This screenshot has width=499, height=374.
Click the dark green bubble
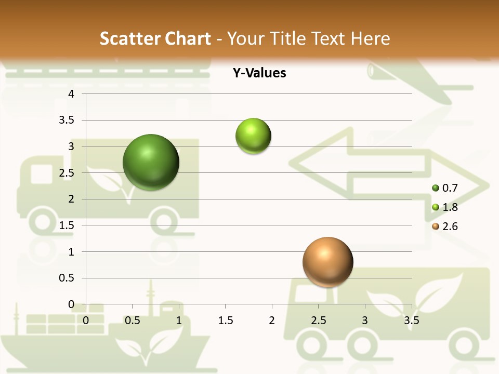click(x=151, y=162)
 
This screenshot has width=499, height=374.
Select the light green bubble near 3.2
click(x=253, y=136)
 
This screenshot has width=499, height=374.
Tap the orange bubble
click(x=327, y=262)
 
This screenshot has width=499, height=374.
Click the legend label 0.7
click(x=450, y=188)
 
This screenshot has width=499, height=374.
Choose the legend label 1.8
click(x=450, y=207)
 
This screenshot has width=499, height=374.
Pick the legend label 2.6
click(x=450, y=226)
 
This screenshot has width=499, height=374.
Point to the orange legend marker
click(x=436, y=226)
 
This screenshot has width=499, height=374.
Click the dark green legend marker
click(x=436, y=188)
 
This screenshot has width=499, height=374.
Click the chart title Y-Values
click(x=259, y=73)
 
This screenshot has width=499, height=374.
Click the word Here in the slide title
click(x=371, y=38)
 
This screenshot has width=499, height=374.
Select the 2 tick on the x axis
click(x=272, y=320)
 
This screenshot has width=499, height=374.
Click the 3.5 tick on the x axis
click(x=411, y=320)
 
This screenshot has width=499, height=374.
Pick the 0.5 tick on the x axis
click(x=132, y=320)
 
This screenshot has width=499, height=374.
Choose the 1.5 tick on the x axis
click(x=225, y=320)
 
